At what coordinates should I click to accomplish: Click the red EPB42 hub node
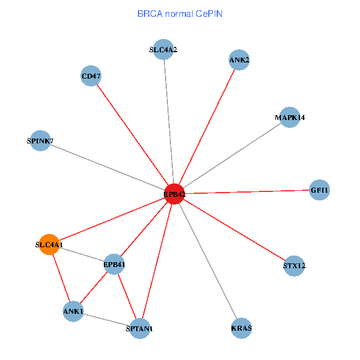(x=174, y=194)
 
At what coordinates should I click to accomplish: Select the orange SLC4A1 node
(x=49, y=244)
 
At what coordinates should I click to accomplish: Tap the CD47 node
(x=91, y=76)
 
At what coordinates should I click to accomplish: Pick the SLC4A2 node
(x=163, y=49)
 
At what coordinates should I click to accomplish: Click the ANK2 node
(x=239, y=59)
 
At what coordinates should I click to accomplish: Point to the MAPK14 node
(x=290, y=118)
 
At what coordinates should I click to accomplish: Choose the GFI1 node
(x=319, y=190)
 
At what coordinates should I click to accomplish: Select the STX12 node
(x=294, y=265)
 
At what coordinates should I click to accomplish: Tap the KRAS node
(x=241, y=328)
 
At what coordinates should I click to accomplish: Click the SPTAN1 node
(x=140, y=329)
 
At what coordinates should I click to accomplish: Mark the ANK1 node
(x=73, y=311)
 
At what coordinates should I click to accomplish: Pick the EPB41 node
(x=114, y=264)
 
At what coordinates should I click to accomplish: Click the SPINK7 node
(x=40, y=141)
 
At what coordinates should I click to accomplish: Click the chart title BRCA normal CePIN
(x=180, y=13)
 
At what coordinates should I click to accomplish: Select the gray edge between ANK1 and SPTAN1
(x=107, y=320)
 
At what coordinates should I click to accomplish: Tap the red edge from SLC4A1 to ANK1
(x=61, y=278)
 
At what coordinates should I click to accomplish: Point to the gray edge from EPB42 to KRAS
(x=208, y=261)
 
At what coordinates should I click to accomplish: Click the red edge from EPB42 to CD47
(x=132, y=135)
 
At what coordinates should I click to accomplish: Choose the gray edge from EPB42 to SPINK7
(x=107, y=167)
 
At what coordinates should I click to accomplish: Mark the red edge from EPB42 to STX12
(x=234, y=229)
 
